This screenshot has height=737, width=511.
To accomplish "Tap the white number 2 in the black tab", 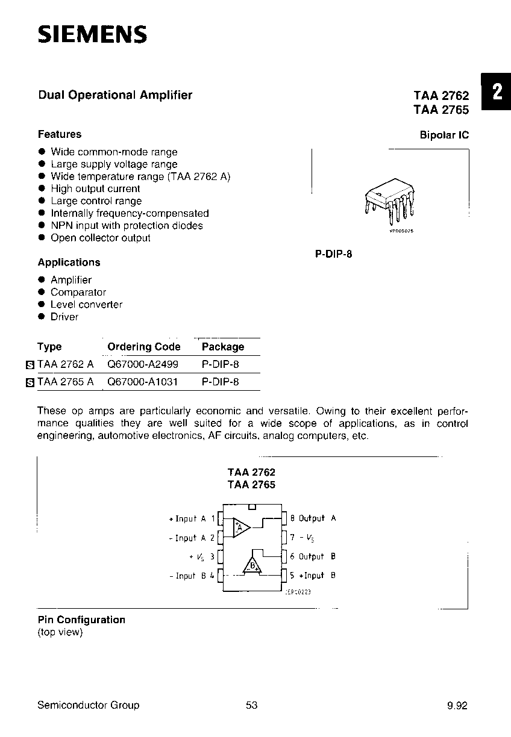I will pos(497,92).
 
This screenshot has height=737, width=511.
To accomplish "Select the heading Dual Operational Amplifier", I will pos(115,95).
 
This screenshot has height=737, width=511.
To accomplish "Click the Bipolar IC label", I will pos(444,135).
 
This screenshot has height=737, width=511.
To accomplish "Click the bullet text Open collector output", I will pos(100,238).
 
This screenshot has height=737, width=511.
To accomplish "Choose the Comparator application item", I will pos(78,292).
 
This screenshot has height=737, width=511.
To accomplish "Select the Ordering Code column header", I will pos(143,347).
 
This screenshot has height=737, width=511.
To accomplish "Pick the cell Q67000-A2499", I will pos(143,364).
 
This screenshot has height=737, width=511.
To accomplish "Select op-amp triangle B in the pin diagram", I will pos(252,565).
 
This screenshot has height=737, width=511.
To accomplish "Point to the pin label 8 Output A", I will pos(313,518).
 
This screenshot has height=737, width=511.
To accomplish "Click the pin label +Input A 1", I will pos(192,518).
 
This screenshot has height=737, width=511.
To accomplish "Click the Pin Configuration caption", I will pos(81,620).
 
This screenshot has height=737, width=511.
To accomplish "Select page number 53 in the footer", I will pos(252,705).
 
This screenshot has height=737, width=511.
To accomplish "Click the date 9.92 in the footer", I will pos(457,706).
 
